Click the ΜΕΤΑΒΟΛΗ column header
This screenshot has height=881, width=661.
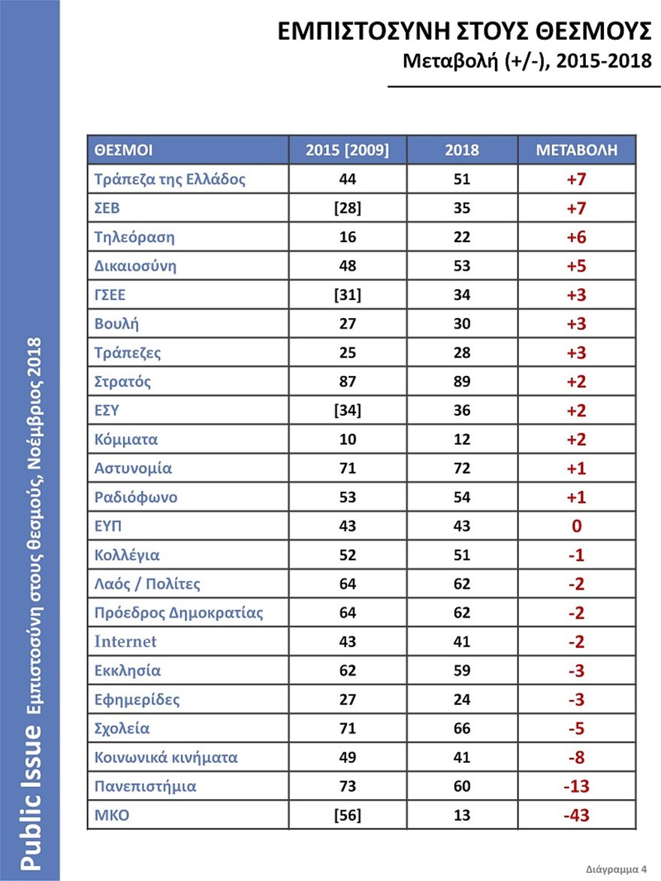click(x=576, y=149)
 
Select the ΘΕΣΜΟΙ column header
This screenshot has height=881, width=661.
click(x=124, y=150)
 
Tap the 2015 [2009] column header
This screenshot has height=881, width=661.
click(x=347, y=149)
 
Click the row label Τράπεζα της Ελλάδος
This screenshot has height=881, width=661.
click(x=171, y=179)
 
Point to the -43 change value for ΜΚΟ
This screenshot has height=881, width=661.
click(x=576, y=815)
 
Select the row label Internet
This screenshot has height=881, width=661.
click(x=125, y=641)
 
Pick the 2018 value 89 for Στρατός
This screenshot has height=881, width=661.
click(x=462, y=381)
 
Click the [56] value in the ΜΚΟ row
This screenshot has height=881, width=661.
click(x=347, y=815)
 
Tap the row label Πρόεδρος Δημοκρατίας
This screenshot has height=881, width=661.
click(x=179, y=612)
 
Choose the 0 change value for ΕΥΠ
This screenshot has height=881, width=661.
click(x=576, y=526)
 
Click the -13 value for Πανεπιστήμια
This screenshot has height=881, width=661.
click(x=576, y=786)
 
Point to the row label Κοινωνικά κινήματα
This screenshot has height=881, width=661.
click(x=167, y=757)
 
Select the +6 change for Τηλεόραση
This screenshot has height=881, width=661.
click(x=576, y=238)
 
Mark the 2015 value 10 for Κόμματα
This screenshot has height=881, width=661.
click(x=347, y=439)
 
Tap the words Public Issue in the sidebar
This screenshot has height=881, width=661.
click(x=31, y=804)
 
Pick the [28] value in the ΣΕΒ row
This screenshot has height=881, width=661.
click(x=347, y=208)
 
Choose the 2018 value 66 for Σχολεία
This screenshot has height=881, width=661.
click(x=462, y=728)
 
